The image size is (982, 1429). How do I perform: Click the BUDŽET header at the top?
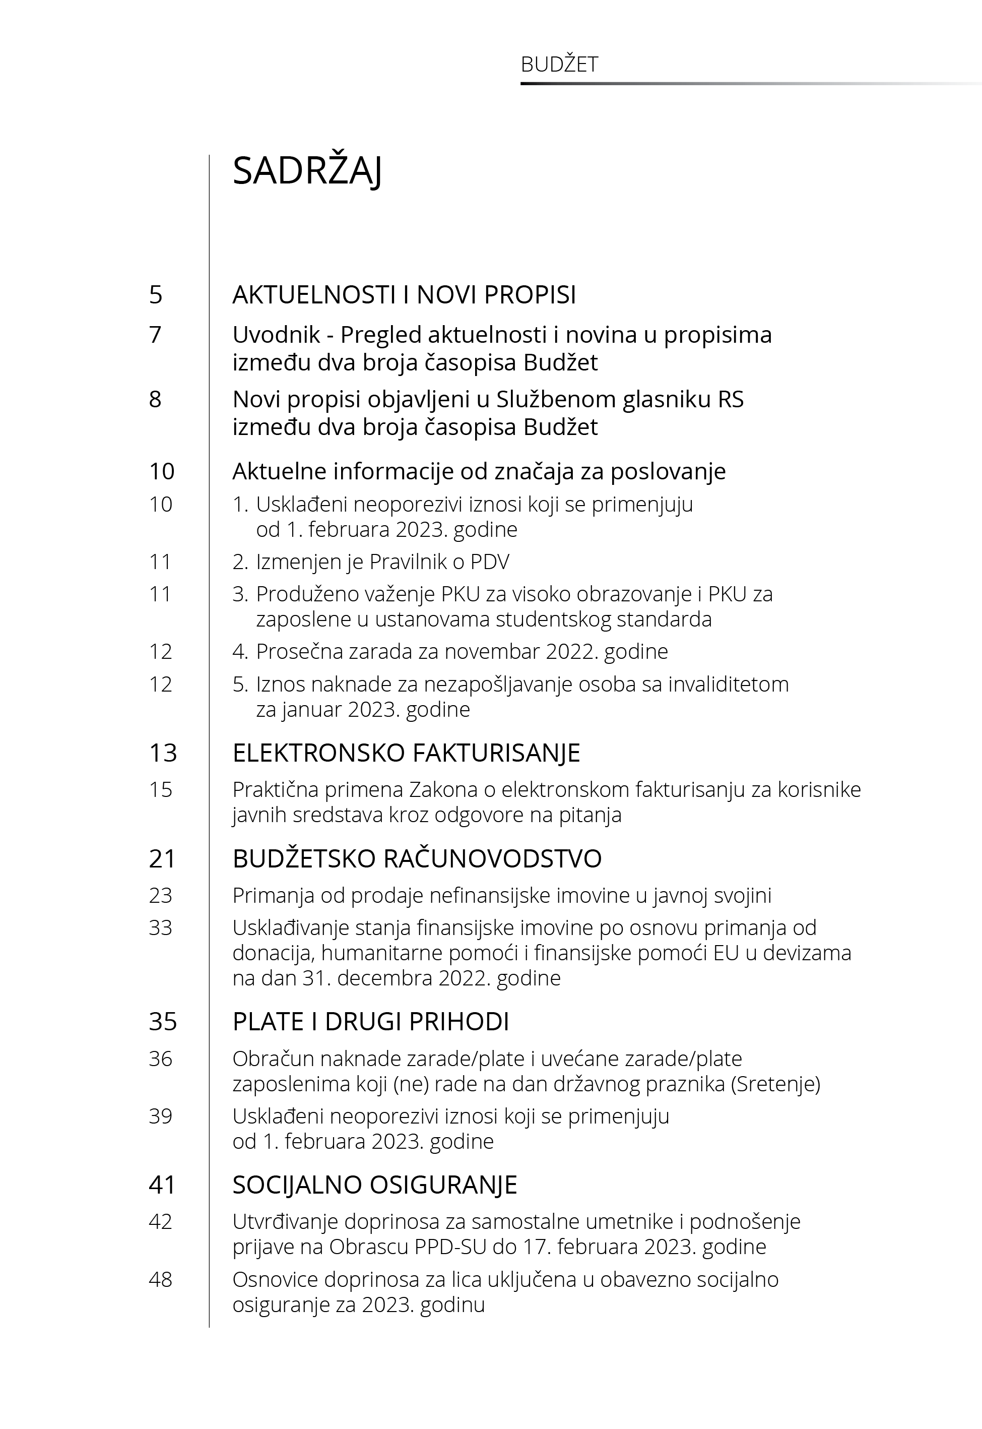click(559, 65)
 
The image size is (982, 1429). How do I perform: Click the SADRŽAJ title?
click(307, 171)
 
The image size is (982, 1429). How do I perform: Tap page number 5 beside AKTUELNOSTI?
click(156, 295)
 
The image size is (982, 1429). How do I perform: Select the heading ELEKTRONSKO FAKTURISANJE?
click(406, 753)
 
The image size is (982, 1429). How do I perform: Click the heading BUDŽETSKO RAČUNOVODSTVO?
click(417, 858)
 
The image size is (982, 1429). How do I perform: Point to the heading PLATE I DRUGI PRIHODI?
click(370, 1022)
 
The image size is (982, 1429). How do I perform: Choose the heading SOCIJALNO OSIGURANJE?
click(375, 1185)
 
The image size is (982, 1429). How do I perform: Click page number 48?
click(160, 1279)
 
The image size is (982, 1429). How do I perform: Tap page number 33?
click(160, 927)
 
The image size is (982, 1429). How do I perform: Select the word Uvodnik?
click(276, 335)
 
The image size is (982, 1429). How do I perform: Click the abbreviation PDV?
click(490, 561)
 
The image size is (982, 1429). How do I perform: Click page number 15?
click(160, 789)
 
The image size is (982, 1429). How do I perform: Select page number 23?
click(160, 895)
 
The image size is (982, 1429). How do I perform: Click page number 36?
click(160, 1059)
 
